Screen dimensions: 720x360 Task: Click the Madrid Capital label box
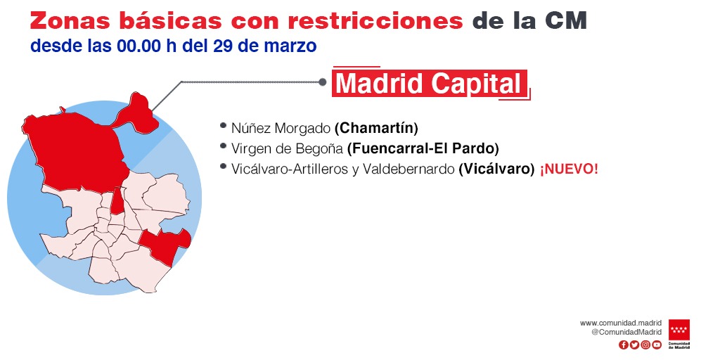click(431, 83)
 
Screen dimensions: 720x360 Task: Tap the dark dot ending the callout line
click(322, 82)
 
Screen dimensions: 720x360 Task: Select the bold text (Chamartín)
click(376, 128)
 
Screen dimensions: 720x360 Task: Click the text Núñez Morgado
click(281, 128)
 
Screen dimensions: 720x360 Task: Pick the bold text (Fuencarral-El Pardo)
click(423, 149)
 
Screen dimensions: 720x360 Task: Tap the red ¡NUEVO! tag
click(569, 169)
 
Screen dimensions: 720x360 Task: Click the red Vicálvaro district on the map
click(165, 245)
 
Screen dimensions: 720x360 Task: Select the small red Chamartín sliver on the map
click(117, 201)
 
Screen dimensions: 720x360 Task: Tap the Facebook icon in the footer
click(623, 345)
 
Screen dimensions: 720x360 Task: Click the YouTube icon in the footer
click(657, 345)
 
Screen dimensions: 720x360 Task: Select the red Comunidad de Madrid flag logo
click(679, 330)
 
